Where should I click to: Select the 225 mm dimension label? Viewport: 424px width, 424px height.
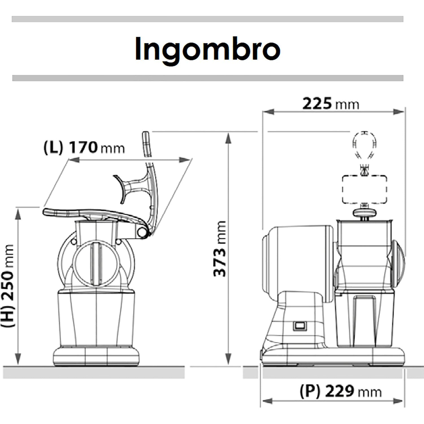330,104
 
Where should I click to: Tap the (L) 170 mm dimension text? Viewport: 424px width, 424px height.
84,148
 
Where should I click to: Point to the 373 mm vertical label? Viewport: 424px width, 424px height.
220,248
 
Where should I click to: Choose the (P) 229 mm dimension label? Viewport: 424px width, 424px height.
340,392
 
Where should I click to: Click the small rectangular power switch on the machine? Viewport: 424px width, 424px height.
299,325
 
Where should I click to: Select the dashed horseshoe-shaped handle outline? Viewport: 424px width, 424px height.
365,144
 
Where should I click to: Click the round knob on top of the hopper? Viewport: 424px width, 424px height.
365,213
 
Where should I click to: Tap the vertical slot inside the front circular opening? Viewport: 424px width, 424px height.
96,263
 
